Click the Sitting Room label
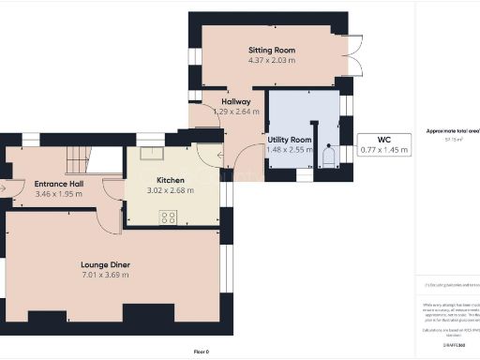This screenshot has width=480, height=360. pyautogui.click(x=272, y=49)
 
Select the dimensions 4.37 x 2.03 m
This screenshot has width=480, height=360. pyautogui.click(x=272, y=61)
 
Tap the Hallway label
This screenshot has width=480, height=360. pyautogui.click(x=235, y=100)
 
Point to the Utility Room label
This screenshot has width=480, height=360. pyautogui.click(x=290, y=138)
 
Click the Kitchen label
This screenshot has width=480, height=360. pyautogui.click(x=171, y=180)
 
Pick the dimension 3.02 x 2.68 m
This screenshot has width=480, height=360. pyautogui.click(x=171, y=191)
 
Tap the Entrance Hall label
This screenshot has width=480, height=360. pyautogui.click(x=59, y=184)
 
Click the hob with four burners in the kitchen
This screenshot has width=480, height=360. pyautogui.click(x=169, y=217)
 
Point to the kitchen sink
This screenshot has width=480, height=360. pyautogui.click(x=151, y=155)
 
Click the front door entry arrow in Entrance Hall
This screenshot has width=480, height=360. pyautogui.click(x=7, y=187)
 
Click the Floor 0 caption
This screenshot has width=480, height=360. pyautogui.click(x=202, y=351)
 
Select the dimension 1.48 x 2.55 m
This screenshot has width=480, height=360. pyautogui.click(x=290, y=149)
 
